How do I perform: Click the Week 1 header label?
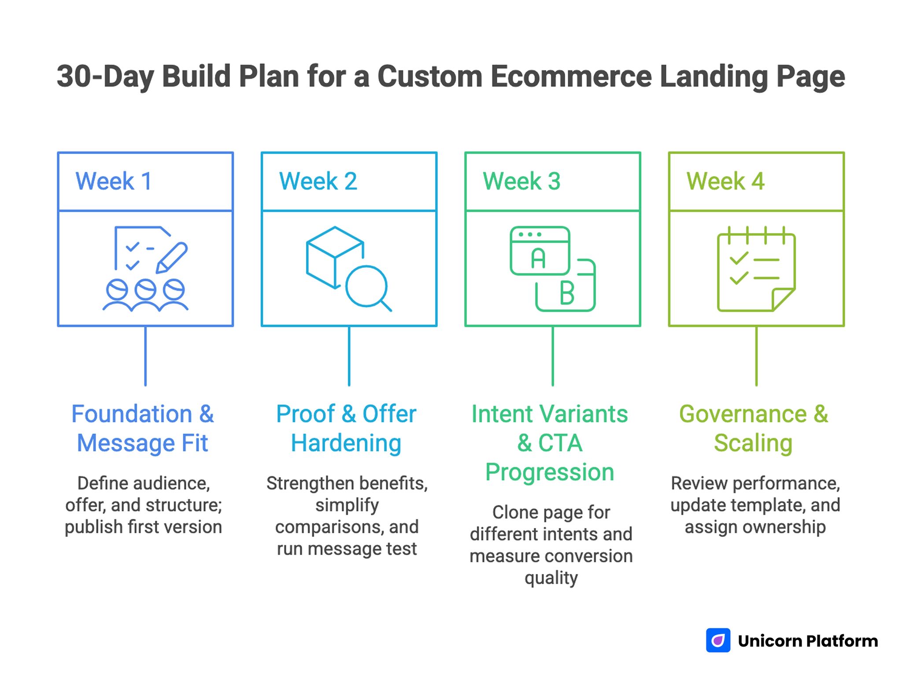tap(114, 181)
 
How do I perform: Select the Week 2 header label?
tap(318, 181)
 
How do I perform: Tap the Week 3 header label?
tap(521, 181)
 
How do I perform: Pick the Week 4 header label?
tap(725, 181)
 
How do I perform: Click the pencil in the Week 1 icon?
tap(172, 257)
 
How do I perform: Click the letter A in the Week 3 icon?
tap(538, 258)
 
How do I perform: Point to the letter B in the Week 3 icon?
tap(567, 294)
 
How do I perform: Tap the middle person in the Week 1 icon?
tap(145, 295)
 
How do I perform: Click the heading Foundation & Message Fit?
tap(143, 428)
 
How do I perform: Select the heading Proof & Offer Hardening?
tap(346, 428)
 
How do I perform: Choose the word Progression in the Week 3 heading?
tap(550, 472)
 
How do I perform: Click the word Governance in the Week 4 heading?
tap(743, 414)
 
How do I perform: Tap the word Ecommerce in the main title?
tap(571, 77)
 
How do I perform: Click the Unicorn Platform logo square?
tap(718, 640)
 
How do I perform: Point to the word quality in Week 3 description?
tap(551, 578)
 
